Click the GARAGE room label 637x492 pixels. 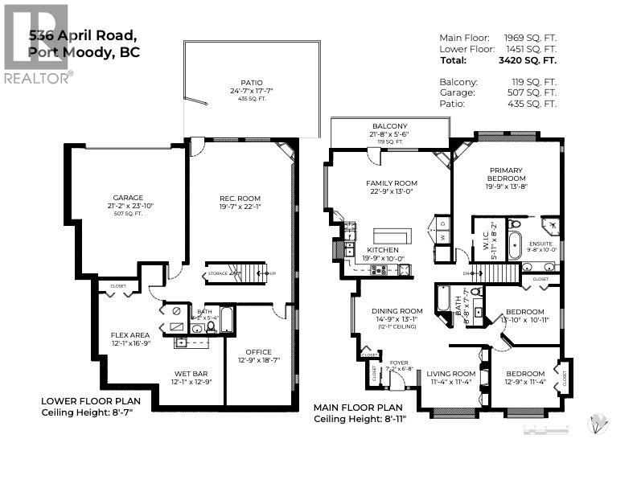(x=127, y=198)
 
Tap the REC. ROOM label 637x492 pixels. (x=240, y=199)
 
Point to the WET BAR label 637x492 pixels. (x=191, y=373)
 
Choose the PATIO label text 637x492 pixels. (x=251, y=82)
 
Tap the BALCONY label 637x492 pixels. (x=389, y=126)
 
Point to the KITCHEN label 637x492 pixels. (x=383, y=250)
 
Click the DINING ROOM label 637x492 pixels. (x=397, y=311)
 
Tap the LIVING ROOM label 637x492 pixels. (x=450, y=373)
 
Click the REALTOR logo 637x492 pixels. (x=37, y=43)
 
